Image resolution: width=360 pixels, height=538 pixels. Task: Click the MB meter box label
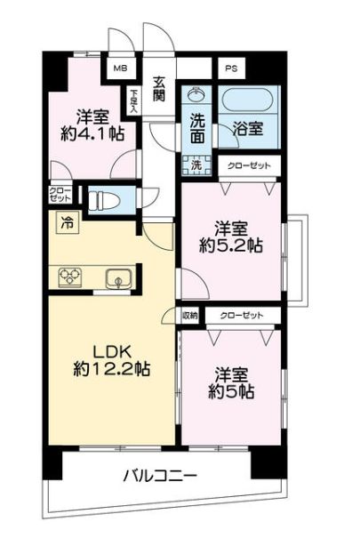[120, 68]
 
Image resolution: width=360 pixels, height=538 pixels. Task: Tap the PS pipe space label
[231, 68]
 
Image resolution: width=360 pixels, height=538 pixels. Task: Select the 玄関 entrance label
[159, 89]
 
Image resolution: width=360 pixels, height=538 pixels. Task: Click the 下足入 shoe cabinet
[133, 100]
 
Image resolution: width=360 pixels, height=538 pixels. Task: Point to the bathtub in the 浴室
[248, 100]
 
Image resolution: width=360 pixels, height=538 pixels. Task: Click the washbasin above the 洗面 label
[196, 93]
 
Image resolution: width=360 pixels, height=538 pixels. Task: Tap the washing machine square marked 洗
[196, 165]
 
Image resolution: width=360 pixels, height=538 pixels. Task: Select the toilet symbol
[103, 200]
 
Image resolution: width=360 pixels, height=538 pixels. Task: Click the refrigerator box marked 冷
[68, 223]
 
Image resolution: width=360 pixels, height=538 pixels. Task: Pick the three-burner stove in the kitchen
[70, 277]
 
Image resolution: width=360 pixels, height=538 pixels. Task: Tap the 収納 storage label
[190, 316]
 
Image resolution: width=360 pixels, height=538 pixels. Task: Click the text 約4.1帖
[92, 133]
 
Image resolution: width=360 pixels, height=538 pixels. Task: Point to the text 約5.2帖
[231, 245]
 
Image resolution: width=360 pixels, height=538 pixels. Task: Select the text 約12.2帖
[111, 369]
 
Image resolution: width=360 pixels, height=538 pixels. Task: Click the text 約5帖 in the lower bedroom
[231, 391]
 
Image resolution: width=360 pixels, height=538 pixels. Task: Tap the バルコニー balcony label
[161, 476]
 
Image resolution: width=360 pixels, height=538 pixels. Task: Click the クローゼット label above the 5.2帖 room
[249, 166]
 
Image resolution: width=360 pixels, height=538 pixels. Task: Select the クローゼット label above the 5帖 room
[242, 316]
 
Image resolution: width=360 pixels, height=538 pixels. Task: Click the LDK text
[111, 351]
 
